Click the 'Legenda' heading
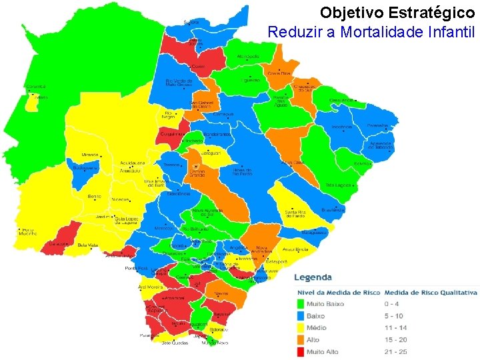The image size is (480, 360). click(x=313, y=277)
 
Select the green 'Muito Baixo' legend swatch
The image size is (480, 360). click(x=301, y=304)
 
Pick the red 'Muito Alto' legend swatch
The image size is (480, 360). click(x=301, y=351)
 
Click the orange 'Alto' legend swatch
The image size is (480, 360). click(x=301, y=339)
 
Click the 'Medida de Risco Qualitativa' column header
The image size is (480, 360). click(x=431, y=292)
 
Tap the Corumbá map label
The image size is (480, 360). click(x=36, y=87)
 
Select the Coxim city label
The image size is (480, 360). click(x=198, y=67)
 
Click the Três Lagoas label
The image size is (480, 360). click(x=338, y=185)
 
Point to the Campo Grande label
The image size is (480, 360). click(x=197, y=172)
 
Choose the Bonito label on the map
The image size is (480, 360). click(x=94, y=197)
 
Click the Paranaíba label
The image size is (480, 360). click(x=377, y=125)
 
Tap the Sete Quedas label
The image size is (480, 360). click(x=174, y=343)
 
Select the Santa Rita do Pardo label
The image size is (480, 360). click(x=295, y=213)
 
